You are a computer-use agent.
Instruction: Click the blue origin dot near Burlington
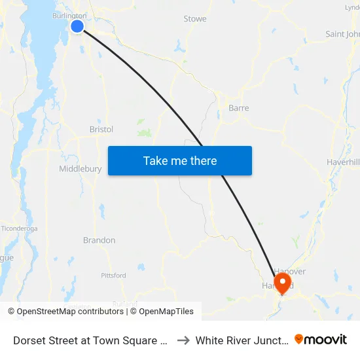77,26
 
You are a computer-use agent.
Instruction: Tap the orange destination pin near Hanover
283,283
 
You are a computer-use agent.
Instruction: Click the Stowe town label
195,19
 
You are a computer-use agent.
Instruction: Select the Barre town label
238,108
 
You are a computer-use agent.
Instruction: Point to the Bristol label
101,130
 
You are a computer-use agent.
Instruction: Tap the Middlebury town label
81,169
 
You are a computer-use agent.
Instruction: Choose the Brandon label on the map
99,240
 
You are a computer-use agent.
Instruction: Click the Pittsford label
114,276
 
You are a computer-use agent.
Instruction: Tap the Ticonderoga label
20,228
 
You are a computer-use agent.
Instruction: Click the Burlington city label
69,16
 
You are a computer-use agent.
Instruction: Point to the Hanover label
290,272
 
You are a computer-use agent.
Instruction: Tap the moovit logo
321,340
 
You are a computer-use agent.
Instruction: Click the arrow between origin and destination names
183,340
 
